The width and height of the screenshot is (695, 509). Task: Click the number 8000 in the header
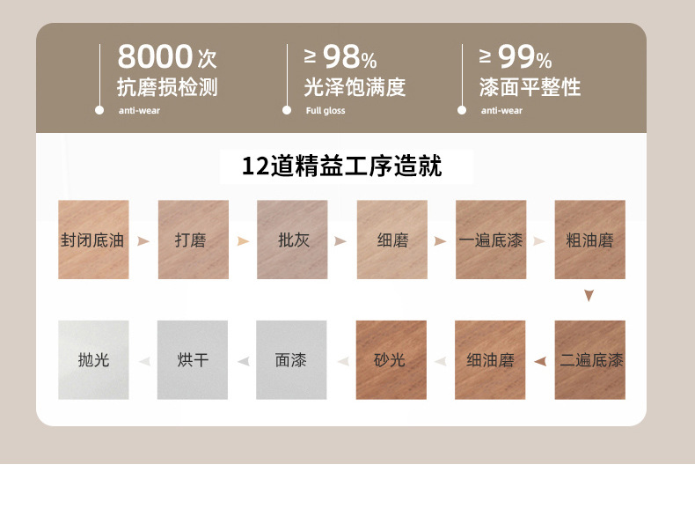click(x=156, y=57)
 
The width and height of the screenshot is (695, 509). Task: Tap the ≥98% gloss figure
click(x=341, y=58)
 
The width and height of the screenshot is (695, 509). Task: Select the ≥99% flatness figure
click(x=516, y=58)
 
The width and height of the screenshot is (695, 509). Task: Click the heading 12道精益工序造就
click(x=342, y=166)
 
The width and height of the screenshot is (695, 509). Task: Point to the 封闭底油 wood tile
click(x=93, y=240)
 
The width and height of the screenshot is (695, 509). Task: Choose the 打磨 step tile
click(x=193, y=240)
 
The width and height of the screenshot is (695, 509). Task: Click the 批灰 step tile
click(x=292, y=240)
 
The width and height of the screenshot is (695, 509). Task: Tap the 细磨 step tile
click(x=391, y=240)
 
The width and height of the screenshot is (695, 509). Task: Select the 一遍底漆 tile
click(x=491, y=240)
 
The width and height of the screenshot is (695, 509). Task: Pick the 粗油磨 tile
click(x=589, y=240)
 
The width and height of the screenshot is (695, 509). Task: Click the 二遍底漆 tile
click(x=589, y=360)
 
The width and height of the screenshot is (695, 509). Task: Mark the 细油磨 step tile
click(x=490, y=360)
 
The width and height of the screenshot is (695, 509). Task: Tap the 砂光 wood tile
click(x=391, y=360)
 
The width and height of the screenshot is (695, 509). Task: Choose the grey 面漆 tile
click(x=291, y=360)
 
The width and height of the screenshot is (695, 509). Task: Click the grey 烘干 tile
click(x=192, y=360)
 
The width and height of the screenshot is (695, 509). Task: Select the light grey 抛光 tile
click(x=93, y=360)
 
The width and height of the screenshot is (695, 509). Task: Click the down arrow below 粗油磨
click(x=589, y=296)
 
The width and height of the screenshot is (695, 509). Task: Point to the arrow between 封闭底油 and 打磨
click(x=143, y=240)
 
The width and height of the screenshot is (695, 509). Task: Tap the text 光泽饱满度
click(x=355, y=87)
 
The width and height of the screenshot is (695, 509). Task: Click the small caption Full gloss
click(x=326, y=111)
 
